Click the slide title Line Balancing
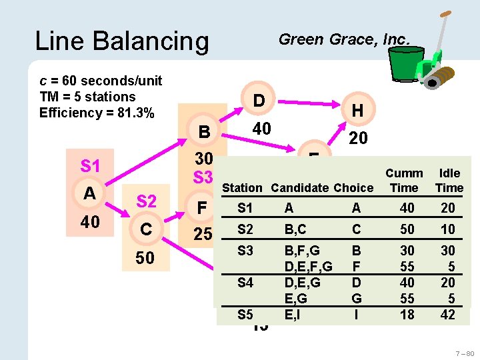click(121, 41)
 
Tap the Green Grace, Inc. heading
click(343, 39)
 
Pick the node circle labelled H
click(357, 111)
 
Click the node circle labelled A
click(89, 193)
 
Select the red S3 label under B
click(202, 178)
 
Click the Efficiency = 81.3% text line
click(97, 113)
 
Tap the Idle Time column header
click(449, 180)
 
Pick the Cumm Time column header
click(404, 180)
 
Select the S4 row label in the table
click(245, 282)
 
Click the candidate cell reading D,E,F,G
click(308, 267)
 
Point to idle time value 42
click(448, 314)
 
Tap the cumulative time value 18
click(407, 314)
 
